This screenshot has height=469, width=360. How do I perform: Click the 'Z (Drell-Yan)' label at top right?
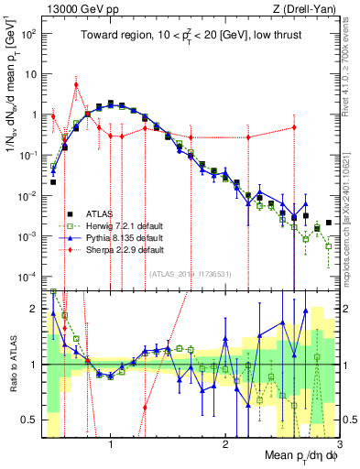308,8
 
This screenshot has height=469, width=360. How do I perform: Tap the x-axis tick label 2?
225,446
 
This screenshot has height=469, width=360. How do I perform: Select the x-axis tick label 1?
111,446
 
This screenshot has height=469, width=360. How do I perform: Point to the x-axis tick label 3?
338,446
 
